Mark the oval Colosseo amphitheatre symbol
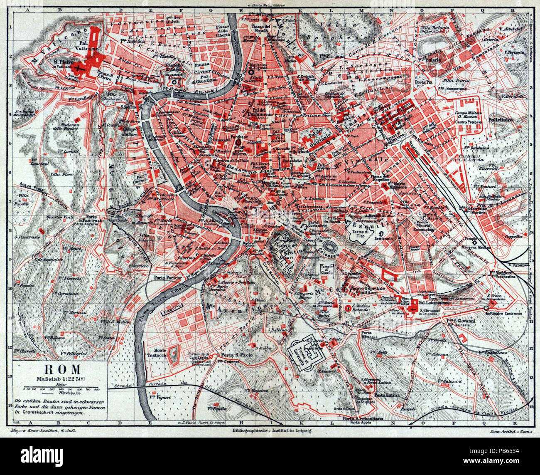pyautogui.click(x=331, y=242)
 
